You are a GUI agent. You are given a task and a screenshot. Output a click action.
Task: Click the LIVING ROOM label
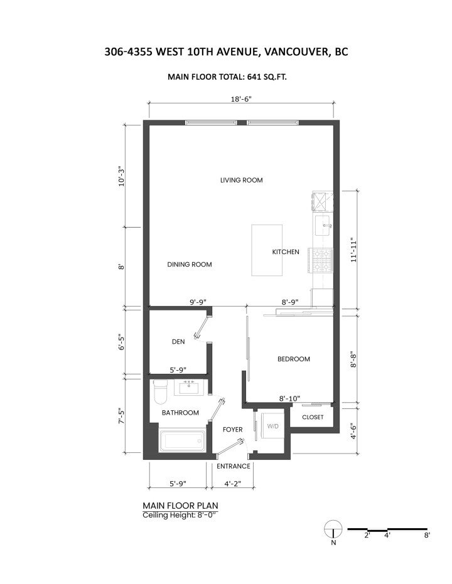(241, 180)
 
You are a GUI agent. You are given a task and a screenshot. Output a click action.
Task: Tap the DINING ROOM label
(189, 265)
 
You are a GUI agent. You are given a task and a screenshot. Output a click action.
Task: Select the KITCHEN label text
(285, 252)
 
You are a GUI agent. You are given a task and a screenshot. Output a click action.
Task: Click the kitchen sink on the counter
(323, 221)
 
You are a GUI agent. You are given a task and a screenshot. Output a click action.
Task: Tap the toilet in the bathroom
(159, 392)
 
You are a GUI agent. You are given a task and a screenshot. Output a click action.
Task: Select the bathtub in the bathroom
(183, 441)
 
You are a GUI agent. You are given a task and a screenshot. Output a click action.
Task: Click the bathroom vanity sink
(188, 388)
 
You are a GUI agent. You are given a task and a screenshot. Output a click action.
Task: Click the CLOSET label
(313, 417)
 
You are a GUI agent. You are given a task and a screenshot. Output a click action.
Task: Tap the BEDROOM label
(294, 359)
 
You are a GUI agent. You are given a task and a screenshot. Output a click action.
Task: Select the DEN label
(178, 342)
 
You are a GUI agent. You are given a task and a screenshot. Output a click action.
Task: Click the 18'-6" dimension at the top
(241, 98)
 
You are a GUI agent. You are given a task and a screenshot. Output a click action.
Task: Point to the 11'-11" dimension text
(357, 249)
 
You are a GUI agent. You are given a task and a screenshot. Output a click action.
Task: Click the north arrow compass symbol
(333, 529)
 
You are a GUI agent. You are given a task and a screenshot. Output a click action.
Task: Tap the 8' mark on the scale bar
(426, 536)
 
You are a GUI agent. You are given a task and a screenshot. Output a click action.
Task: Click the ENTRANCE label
(234, 466)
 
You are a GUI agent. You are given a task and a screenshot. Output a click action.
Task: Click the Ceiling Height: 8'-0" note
(180, 514)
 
